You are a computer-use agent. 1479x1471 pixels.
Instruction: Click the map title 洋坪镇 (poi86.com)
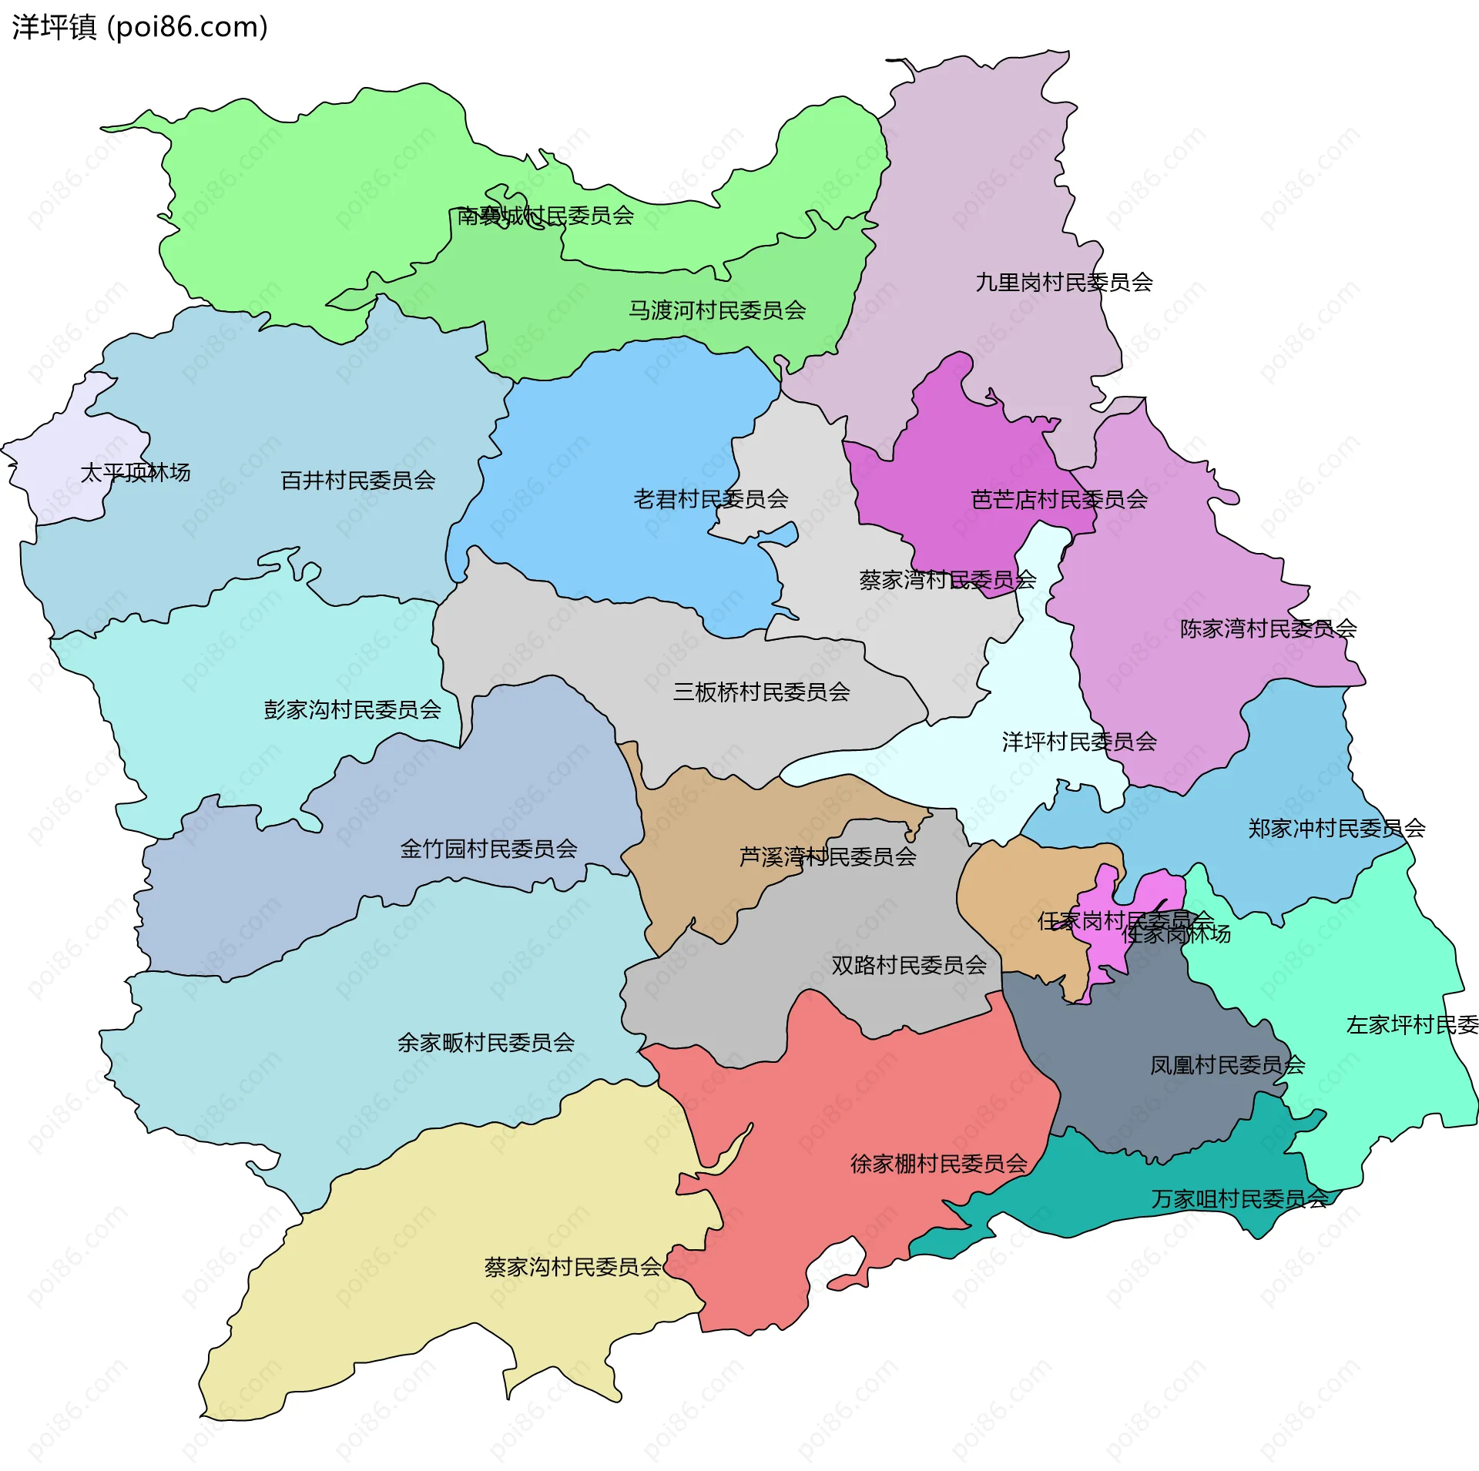[x=139, y=28]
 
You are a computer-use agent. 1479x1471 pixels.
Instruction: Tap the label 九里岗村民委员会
[x=1064, y=283]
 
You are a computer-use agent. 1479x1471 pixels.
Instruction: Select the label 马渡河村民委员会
[x=717, y=310]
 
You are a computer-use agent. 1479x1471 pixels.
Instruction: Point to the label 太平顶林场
[x=136, y=472]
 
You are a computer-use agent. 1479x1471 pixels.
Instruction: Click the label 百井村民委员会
[x=358, y=481]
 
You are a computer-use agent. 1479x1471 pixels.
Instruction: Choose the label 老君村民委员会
[x=710, y=499]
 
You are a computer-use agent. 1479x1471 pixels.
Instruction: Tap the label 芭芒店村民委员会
[x=1059, y=500]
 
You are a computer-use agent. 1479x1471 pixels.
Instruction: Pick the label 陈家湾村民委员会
[x=1268, y=628]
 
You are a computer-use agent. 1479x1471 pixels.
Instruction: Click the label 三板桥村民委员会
[x=761, y=692]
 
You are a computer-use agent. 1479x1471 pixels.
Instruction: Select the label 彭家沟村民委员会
[x=352, y=709]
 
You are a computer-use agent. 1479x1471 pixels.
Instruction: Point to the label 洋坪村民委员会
[x=1079, y=742]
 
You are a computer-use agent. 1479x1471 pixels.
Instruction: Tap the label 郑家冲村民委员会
[x=1336, y=829]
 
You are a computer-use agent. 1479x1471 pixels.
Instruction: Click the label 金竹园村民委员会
[x=488, y=849]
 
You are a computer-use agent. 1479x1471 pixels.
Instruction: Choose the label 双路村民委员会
[x=909, y=965]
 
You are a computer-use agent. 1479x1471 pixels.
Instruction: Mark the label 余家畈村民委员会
[x=486, y=1043]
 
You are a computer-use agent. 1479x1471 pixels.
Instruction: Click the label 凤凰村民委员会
[x=1227, y=1065]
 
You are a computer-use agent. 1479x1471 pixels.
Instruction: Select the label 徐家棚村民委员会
[x=939, y=1163]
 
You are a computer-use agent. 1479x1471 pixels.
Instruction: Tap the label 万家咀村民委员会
[x=1239, y=1199]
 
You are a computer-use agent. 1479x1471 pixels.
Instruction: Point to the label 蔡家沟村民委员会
[x=572, y=1267]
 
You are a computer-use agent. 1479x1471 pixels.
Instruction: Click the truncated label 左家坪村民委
[x=1411, y=1025]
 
